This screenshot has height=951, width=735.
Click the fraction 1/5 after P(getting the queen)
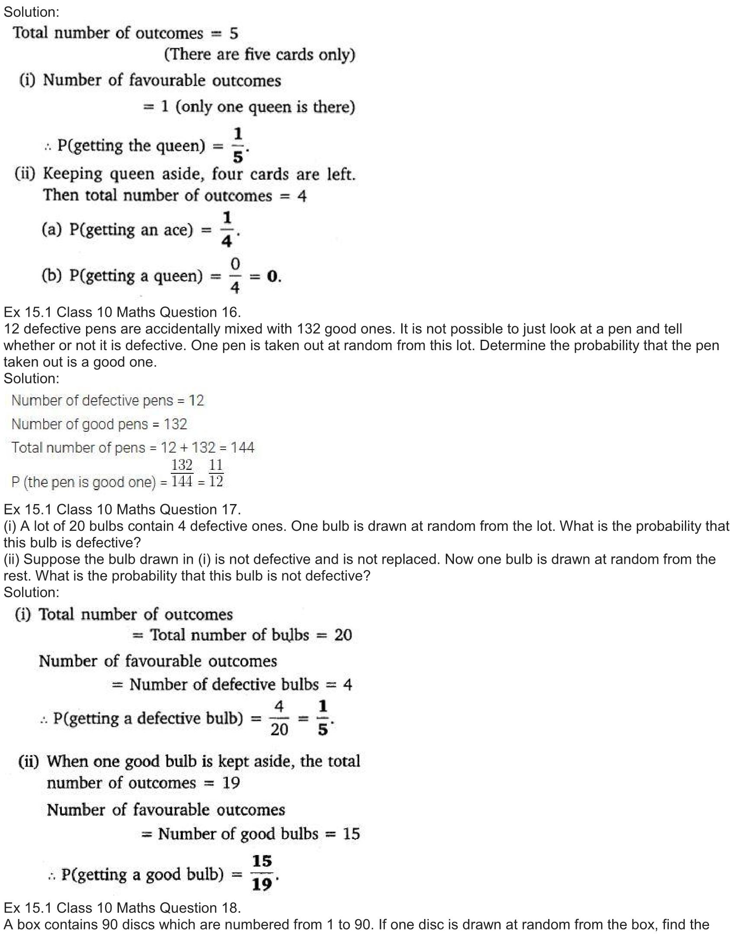(238, 145)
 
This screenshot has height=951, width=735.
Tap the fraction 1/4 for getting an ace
(227, 229)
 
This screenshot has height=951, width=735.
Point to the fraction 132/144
(182, 473)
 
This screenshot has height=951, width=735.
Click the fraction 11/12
(216, 473)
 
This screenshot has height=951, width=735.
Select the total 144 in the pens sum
(242, 448)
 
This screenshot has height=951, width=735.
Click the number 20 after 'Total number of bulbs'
(343, 635)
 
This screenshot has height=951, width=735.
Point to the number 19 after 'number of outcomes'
(231, 783)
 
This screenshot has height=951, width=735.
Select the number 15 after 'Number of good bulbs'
(351, 834)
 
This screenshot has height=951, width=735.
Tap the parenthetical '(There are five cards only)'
(259, 55)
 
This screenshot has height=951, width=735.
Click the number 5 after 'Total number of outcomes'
(234, 34)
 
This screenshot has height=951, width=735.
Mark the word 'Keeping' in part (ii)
(73, 174)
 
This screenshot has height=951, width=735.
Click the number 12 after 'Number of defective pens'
(196, 401)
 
